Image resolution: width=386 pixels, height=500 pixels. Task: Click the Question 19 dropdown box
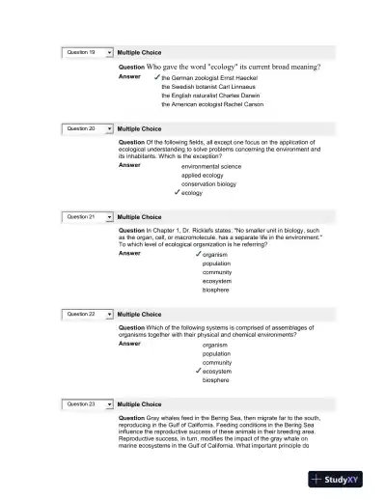[88, 51]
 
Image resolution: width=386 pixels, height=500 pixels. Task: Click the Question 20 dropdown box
[88, 127]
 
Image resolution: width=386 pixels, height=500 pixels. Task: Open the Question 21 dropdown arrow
[109, 217]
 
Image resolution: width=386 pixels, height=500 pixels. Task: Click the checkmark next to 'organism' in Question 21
[197, 254]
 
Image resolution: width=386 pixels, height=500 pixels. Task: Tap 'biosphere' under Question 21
[216, 290]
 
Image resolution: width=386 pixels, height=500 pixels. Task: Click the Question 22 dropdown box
[88, 315]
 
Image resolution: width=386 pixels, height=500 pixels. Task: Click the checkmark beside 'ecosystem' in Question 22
[197, 371]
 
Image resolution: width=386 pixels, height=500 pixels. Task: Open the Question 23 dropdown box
[88, 404]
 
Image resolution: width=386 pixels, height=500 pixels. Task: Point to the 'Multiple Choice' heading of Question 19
[139, 51]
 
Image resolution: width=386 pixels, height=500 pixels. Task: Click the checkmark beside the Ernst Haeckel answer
[156, 76]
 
